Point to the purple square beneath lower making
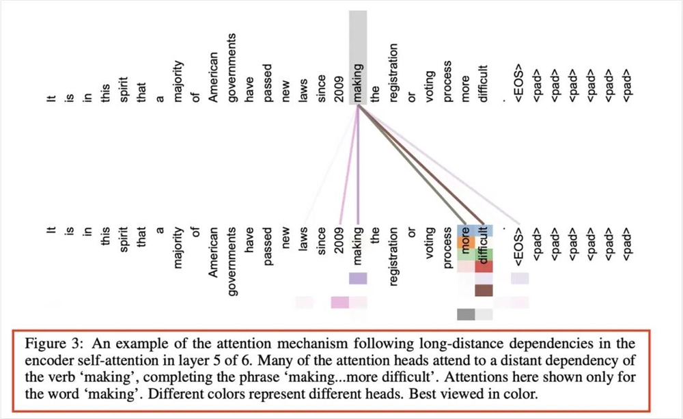click(358, 278)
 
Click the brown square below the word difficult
click(484, 290)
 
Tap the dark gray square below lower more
click(465, 314)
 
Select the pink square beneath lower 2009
click(339, 302)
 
